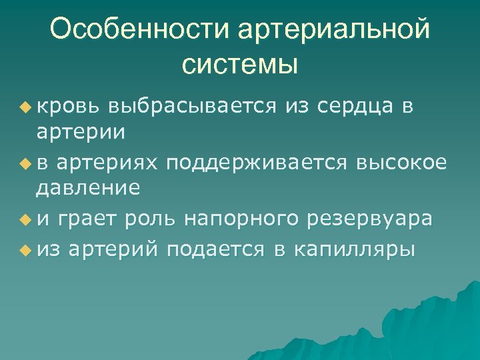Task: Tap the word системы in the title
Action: point(239,65)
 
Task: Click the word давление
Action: point(87,189)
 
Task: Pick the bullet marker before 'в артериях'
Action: point(25,161)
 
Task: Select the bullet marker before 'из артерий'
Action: point(25,249)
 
